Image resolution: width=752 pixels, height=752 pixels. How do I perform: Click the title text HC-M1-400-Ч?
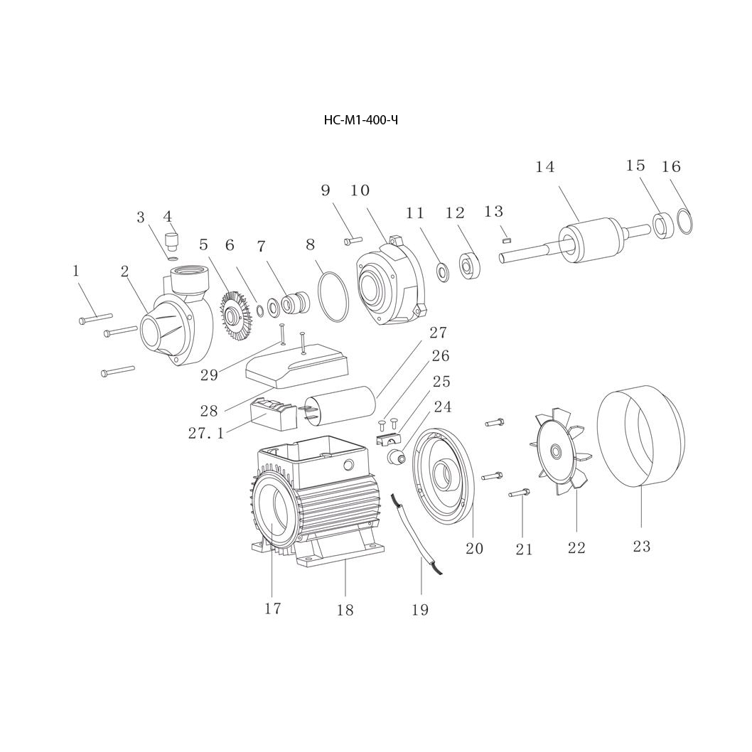[x=360, y=120]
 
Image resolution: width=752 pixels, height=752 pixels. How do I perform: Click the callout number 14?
[x=545, y=167]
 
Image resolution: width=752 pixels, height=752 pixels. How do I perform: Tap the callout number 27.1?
[x=206, y=433]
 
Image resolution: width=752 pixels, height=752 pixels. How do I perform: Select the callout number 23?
[x=641, y=547]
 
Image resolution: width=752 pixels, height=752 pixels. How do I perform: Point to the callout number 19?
[x=420, y=610]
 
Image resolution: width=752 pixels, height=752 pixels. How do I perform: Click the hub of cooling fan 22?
[x=555, y=452]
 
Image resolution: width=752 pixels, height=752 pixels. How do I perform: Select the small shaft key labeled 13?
[x=506, y=240]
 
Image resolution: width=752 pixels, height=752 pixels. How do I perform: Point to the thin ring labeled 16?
[x=684, y=221]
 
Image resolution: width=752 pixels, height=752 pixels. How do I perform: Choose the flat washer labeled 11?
[x=442, y=271]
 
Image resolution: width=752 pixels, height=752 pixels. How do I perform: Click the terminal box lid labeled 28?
[x=296, y=367]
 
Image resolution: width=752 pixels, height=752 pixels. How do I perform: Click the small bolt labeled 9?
[x=353, y=241]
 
